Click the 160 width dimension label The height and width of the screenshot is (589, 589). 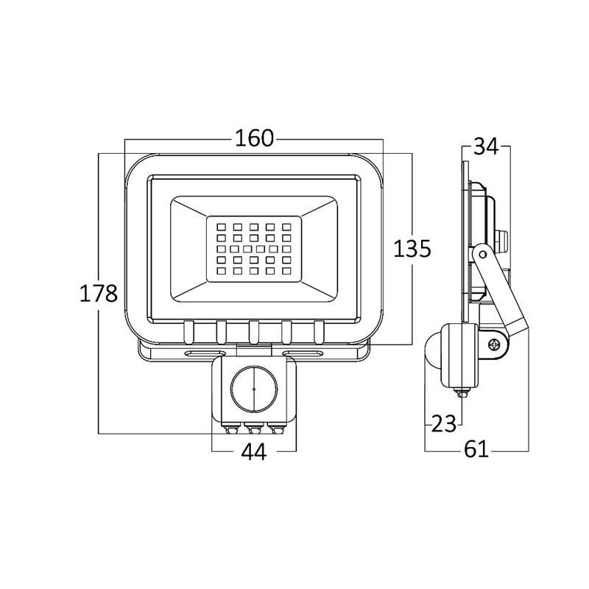click(x=254, y=138)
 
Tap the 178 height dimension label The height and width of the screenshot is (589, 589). click(x=99, y=293)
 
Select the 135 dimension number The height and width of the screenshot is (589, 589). click(x=412, y=249)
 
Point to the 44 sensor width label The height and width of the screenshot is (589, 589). click(x=254, y=451)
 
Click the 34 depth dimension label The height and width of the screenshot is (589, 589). click(x=486, y=146)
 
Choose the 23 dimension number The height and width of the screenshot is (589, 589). click(x=444, y=424)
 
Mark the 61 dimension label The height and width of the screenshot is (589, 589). click(x=476, y=449)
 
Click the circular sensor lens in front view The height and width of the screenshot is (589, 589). click(x=253, y=389)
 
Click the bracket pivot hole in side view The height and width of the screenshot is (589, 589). click(x=482, y=254)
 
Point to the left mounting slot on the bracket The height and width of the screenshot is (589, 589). click(x=205, y=353)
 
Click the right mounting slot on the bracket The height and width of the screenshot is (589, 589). click(x=303, y=353)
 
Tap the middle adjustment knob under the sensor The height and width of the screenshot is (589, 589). click(x=254, y=428)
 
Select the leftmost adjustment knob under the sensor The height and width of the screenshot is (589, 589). click(x=230, y=428)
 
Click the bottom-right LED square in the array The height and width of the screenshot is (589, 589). click(x=286, y=270)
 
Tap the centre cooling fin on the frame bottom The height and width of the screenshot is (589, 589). click(x=254, y=332)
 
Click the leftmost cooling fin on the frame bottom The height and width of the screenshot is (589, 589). click(x=188, y=332)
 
